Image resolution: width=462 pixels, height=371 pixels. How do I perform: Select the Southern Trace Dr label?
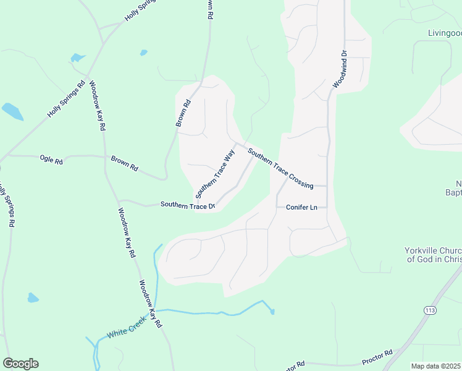tap(187, 205)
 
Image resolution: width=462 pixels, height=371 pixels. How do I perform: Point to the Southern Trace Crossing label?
tap(280, 168)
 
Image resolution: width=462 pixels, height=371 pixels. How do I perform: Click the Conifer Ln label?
tap(301, 207)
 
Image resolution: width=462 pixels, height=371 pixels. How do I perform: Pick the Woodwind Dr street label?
tap(340, 69)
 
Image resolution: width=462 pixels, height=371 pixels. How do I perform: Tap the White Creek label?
tap(125, 326)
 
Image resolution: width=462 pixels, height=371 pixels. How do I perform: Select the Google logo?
tap(20, 364)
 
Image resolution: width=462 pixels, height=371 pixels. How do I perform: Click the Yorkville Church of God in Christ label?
tap(432, 255)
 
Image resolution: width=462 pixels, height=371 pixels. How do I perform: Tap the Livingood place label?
tap(444, 32)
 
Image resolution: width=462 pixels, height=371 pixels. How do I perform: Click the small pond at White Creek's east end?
tap(272, 312)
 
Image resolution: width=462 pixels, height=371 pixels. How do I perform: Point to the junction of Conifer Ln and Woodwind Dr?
tap(327, 207)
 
